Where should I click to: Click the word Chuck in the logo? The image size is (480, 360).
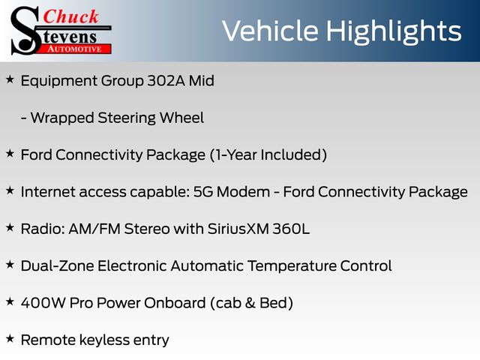click(70, 16)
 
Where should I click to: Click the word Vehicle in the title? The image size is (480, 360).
click(270, 31)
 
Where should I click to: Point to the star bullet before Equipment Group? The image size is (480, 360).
click(10, 79)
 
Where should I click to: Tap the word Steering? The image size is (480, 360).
click(127, 118)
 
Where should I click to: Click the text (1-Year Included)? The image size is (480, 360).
click(268, 155)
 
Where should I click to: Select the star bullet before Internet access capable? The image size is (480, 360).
click(10, 190)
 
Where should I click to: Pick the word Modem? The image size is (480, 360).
click(243, 192)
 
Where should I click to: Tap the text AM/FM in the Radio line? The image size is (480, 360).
click(94, 229)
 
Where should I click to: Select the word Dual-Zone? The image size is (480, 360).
click(57, 265)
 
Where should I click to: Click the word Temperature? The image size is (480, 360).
click(292, 266)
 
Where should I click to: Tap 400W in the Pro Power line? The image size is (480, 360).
click(43, 303)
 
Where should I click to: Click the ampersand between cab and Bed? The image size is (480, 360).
click(250, 303)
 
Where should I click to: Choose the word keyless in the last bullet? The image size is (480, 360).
click(104, 340)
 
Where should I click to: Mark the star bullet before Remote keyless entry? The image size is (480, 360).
click(10, 338)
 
